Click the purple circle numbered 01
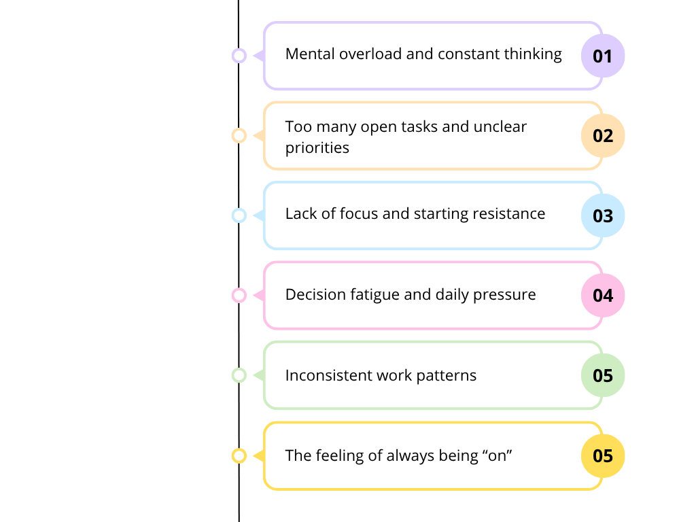[x=603, y=56]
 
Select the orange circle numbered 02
[x=603, y=136]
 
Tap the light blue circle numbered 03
[x=603, y=215]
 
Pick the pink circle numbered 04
[x=603, y=296]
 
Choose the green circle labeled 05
[x=603, y=375]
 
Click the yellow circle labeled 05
[x=603, y=455]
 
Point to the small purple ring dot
[x=239, y=56]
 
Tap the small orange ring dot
[x=239, y=136]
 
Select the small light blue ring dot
[x=239, y=215]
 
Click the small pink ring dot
[x=239, y=296]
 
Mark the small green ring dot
[x=239, y=375]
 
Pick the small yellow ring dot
[x=239, y=455]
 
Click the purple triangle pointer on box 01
[x=259, y=56]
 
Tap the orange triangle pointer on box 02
[x=259, y=136]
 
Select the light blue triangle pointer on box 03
[x=259, y=215]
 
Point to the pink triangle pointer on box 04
[x=259, y=296]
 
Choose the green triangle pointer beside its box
[x=259, y=375]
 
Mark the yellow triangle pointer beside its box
[x=259, y=455]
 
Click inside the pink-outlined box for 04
[x=421, y=296]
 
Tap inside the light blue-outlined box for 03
[x=421, y=215]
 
